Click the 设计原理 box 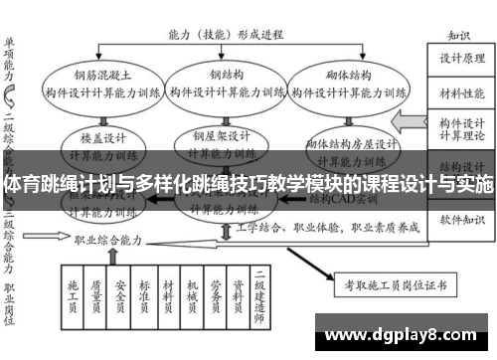click(x=459, y=57)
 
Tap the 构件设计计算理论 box click(x=459, y=128)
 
